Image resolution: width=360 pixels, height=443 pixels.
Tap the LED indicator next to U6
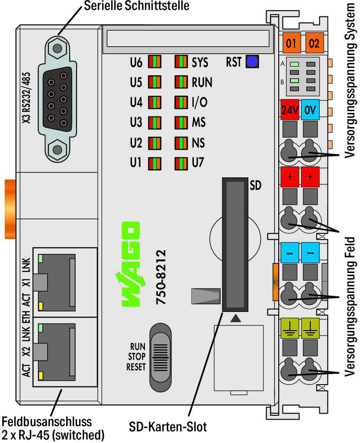tap(154, 62)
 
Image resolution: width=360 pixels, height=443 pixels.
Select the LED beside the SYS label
tap(181, 62)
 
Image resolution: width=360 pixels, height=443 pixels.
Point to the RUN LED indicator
tap(181, 82)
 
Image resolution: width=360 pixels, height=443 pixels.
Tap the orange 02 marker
tap(314, 43)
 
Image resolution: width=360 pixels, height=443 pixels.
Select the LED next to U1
tap(154, 163)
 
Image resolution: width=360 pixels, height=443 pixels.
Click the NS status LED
tap(181, 143)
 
